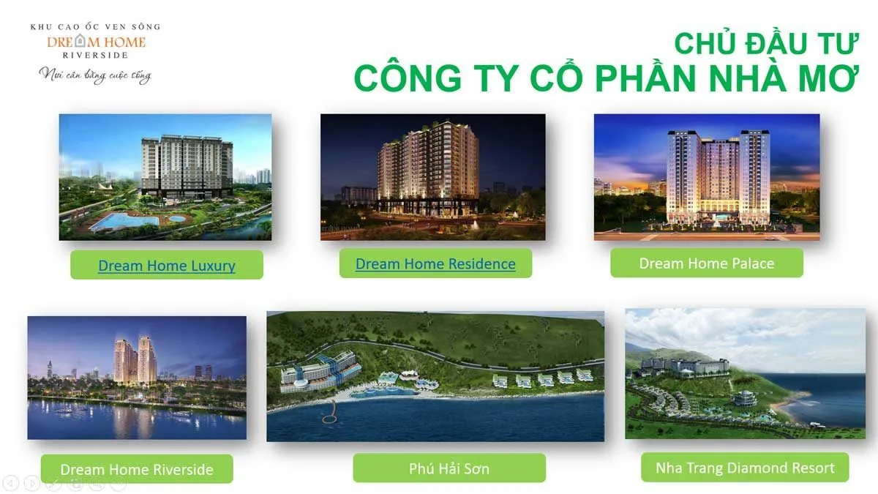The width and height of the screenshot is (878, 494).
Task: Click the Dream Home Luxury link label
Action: click(x=167, y=266)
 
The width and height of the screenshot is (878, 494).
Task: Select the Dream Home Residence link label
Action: click(x=435, y=264)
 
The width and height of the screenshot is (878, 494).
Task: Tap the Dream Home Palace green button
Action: click(x=706, y=263)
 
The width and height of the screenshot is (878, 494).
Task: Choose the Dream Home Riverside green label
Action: click(x=137, y=469)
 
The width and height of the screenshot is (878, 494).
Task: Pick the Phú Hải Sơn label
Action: click(x=449, y=468)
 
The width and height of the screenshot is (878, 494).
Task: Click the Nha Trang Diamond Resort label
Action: click(x=745, y=468)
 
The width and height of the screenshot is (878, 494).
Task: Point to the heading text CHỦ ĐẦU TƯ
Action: click(x=765, y=44)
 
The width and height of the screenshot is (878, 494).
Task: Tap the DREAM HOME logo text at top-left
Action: click(x=96, y=42)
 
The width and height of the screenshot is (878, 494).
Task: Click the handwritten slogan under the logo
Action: click(x=95, y=75)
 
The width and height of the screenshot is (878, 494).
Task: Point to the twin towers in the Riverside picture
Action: click(x=135, y=361)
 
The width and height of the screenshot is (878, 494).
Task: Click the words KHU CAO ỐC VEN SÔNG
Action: click(x=95, y=27)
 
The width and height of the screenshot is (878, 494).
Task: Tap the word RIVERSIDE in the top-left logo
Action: click(x=95, y=55)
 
